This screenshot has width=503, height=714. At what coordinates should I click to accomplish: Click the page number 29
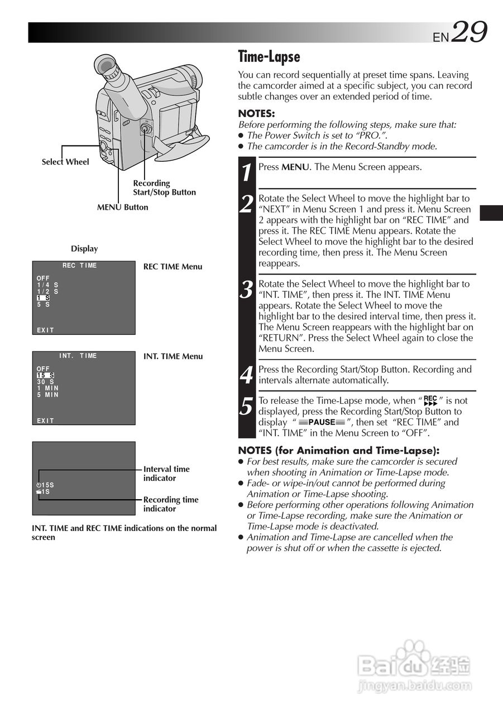pyautogui.click(x=470, y=32)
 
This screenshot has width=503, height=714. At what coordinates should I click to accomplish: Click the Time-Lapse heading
pyautogui.click(x=269, y=57)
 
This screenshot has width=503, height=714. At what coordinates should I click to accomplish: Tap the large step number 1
pyautogui.click(x=247, y=173)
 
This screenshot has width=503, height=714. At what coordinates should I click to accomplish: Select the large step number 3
pyautogui.click(x=247, y=290)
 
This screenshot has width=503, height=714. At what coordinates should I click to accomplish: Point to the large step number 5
pyautogui.click(x=247, y=407)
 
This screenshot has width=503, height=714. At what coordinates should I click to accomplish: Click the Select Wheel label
pyautogui.click(x=65, y=162)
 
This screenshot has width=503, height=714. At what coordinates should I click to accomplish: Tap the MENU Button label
pyautogui.click(x=123, y=207)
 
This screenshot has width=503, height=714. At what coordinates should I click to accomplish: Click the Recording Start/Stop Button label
pyautogui.click(x=164, y=187)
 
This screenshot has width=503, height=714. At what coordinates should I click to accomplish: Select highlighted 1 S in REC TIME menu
pyautogui.click(x=44, y=298)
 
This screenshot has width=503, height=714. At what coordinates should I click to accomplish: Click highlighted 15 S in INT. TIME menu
pyautogui.click(x=45, y=375)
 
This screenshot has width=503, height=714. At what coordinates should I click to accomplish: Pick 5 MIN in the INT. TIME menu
pyautogui.click(x=47, y=395)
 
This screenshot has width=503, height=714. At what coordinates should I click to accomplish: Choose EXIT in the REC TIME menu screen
pyautogui.click(x=45, y=330)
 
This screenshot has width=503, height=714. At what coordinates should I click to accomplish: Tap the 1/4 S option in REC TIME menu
pyautogui.click(x=47, y=284)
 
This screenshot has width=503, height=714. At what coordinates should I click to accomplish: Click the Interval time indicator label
pyautogui.click(x=166, y=474)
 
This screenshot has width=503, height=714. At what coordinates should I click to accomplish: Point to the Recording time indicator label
pyautogui.click(x=171, y=504)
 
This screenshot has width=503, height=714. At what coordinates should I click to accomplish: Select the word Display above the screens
pyautogui.click(x=84, y=249)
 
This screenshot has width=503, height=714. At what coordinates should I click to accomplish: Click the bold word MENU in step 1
pyautogui.click(x=295, y=167)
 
